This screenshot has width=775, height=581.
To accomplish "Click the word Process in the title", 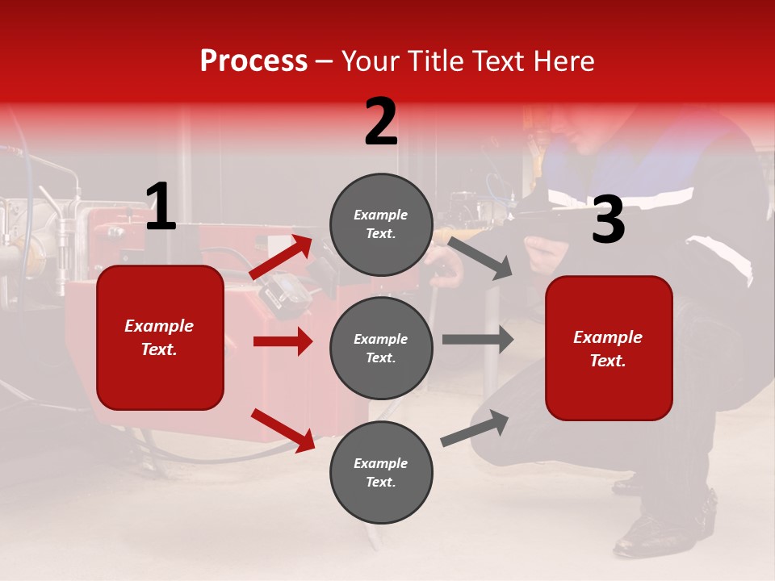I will click(253, 61).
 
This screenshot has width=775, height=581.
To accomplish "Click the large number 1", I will click(161, 207).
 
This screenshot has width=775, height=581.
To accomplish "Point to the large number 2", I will click(381, 122).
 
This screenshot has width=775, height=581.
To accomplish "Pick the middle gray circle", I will click(381, 348).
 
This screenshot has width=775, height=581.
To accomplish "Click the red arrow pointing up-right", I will click(281, 257).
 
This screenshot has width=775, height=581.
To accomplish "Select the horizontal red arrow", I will click(283, 341).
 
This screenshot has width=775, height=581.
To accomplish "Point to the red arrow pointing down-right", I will click(283, 430).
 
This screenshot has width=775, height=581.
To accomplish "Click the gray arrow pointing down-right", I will click(480, 258).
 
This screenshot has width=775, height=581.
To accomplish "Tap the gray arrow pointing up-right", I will click(475, 428).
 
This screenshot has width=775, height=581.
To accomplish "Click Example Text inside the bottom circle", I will click(381, 473).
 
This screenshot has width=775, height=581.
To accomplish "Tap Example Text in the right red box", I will click(608, 349).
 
